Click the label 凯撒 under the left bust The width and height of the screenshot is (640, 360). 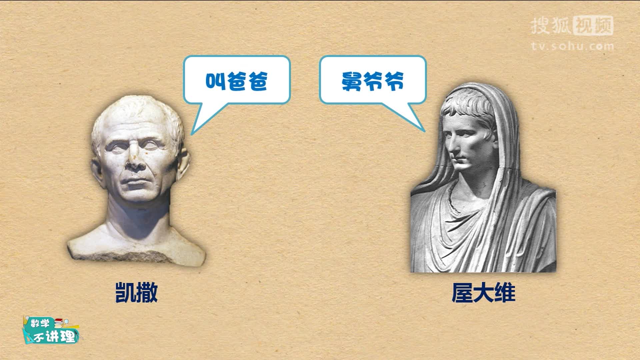pyautogui.click(x=136, y=293)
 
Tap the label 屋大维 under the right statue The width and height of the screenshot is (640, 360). pyautogui.click(x=483, y=293)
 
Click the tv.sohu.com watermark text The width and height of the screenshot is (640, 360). pyautogui.click(x=573, y=46)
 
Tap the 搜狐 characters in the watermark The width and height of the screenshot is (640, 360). pyautogui.click(x=551, y=25)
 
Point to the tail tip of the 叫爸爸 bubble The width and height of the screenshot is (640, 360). pyautogui.click(x=191, y=135)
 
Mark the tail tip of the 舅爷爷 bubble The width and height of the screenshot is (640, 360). pyautogui.click(x=425, y=132)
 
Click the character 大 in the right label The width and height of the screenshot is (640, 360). pyautogui.click(x=483, y=293)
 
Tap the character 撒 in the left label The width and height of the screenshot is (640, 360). pyautogui.click(x=147, y=293)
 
